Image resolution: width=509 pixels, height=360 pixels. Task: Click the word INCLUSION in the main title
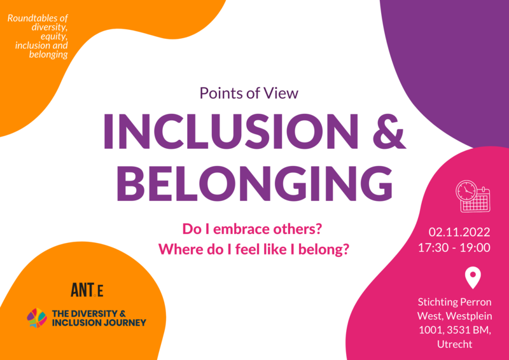click(x=231, y=131)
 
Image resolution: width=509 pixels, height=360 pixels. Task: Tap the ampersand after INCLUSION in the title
click(x=389, y=131)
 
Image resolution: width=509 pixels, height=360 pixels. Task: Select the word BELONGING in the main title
click(x=254, y=183)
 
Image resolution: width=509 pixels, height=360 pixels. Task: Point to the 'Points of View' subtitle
click(x=249, y=93)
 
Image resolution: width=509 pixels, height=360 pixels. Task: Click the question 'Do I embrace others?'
click(x=252, y=229)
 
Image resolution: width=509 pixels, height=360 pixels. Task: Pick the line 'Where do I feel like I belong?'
click(x=254, y=249)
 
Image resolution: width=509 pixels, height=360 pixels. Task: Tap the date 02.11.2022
click(x=459, y=232)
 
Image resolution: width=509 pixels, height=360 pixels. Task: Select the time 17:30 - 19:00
click(x=454, y=247)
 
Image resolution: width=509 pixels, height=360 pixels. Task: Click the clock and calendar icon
click(x=473, y=196)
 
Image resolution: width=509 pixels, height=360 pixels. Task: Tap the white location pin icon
click(x=473, y=277)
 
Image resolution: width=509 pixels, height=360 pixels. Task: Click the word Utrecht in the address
click(x=454, y=344)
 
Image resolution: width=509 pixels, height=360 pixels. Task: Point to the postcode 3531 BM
click(x=469, y=330)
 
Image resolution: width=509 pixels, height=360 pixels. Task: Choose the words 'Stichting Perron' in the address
click(x=454, y=302)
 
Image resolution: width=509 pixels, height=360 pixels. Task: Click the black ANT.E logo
click(x=87, y=290)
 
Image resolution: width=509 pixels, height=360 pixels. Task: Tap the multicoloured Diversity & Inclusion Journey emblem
click(x=37, y=318)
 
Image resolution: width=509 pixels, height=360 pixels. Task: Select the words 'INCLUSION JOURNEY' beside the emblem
click(x=99, y=322)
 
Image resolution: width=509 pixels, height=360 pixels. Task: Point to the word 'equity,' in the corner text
click(x=54, y=36)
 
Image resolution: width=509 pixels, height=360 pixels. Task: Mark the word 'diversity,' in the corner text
click(x=50, y=27)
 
